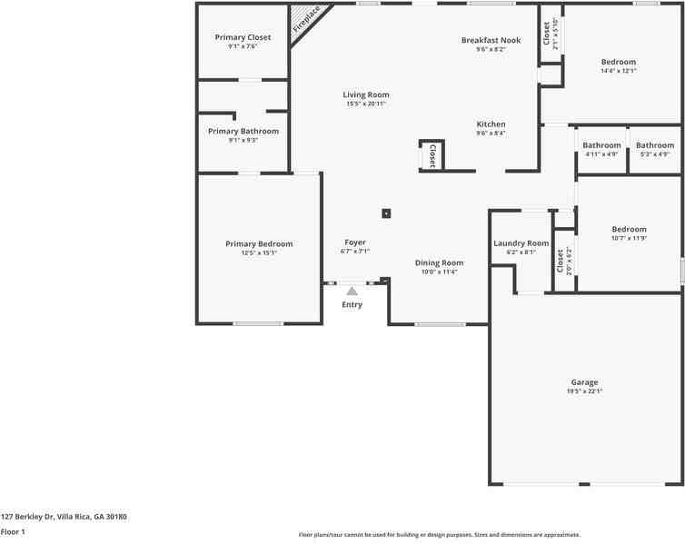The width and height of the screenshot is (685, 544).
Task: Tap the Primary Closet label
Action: coord(243,37)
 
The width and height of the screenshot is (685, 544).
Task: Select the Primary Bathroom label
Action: coord(243,131)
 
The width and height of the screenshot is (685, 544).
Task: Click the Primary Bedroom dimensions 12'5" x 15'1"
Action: coord(259,253)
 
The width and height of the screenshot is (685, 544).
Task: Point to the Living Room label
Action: coord(366,94)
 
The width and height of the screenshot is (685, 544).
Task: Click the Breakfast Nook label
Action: coord(491,40)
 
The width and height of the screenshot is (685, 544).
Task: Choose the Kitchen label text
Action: coord(491,124)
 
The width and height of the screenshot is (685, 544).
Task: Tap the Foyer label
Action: coord(354,242)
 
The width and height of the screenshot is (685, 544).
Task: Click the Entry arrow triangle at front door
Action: coord(352,291)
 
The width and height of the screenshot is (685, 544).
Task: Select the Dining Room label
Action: coord(439,262)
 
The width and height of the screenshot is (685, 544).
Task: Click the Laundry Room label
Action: coord(521,242)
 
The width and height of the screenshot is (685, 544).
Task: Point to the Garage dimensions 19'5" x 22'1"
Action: coord(584,391)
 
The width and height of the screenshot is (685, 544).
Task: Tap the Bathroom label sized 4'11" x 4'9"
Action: coord(601,145)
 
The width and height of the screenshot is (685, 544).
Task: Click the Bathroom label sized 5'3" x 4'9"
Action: coord(654,145)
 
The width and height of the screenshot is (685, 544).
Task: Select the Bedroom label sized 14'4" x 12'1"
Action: coord(618,62)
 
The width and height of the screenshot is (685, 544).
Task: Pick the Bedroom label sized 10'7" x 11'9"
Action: coord(629,229)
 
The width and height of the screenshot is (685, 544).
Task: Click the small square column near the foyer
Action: coord(386,213)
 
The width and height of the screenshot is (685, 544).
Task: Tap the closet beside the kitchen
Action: coord(432,155)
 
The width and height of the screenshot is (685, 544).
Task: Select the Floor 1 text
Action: coord(13,532)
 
